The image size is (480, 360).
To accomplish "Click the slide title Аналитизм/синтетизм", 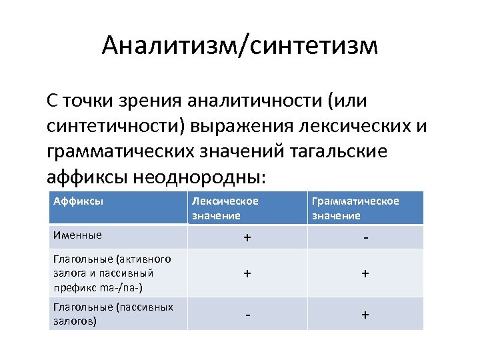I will pos(240,46).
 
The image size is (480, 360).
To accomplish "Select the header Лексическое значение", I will pos(225,207).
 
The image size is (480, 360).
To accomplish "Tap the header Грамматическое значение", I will pos(355,207).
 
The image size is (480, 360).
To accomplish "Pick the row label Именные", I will pos(78,235).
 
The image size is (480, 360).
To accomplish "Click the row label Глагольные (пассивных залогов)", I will pos(113,313).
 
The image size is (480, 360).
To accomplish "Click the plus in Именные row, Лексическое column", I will pos(247,239).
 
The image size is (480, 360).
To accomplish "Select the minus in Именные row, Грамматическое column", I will pos(365,238).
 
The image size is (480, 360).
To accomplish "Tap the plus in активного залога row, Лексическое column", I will pos(247,274).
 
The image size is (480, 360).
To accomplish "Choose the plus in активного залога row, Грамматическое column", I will pos(365,274).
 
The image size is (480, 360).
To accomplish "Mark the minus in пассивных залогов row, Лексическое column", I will pos(247,313).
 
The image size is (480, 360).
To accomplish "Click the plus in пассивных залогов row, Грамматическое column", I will pos(365,314).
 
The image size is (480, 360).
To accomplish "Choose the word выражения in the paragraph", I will pos(238,126).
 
